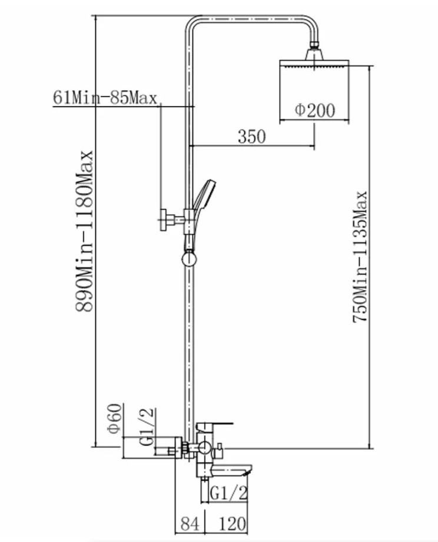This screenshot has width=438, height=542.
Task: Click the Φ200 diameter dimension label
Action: pos(315,111)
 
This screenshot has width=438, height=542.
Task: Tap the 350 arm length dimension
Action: pos(252,137)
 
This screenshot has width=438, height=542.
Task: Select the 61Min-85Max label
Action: pos(105,98)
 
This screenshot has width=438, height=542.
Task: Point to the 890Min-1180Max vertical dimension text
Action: pos(85,231)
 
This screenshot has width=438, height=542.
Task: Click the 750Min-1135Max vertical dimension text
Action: pos(360,257)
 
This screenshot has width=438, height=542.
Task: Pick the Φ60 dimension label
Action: pos(115,418)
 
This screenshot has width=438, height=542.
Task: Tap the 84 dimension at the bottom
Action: pos(191,523)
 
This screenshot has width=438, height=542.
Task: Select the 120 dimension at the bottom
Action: pos(233,523)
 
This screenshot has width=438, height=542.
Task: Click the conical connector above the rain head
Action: pos(314,54)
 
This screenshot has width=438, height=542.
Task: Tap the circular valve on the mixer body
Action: pos(204,448)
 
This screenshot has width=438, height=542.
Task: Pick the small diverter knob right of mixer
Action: pos(219,451)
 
